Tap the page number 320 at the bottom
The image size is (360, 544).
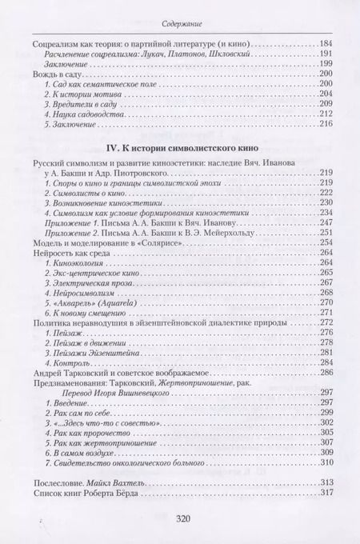coord(180,518)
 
